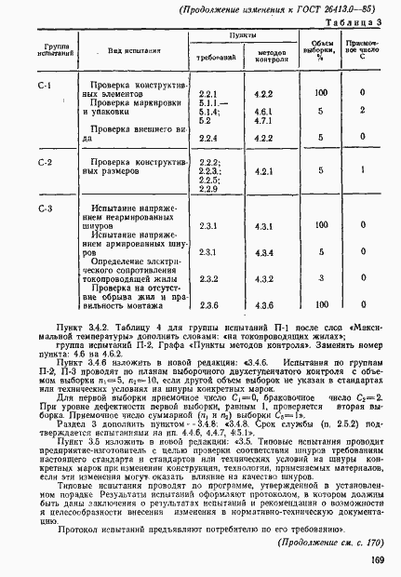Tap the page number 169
tap(378, 558)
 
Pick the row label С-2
tap(44, 162)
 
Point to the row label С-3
tap(44, 207)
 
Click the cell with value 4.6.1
tap(262, 111)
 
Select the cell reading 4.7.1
tap(262, 120)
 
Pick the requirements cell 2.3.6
tap(208, 305)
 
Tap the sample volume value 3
tap(320, 278)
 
